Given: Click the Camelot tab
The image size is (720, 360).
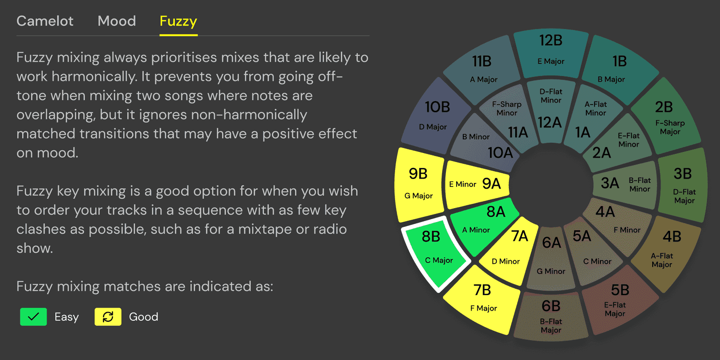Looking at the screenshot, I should click(45, 21).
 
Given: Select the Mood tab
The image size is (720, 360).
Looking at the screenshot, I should click(117, 21).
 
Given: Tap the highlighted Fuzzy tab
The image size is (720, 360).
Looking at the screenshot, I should click(178, 21).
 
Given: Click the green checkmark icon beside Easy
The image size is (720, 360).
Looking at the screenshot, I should click(33, 317).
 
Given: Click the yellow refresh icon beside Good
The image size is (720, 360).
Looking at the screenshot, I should click(108, 317).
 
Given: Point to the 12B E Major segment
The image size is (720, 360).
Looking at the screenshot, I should click(551, 51).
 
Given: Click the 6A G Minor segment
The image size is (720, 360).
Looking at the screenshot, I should click(551, 256).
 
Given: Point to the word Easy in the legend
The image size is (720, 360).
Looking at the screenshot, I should click(66, 317).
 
